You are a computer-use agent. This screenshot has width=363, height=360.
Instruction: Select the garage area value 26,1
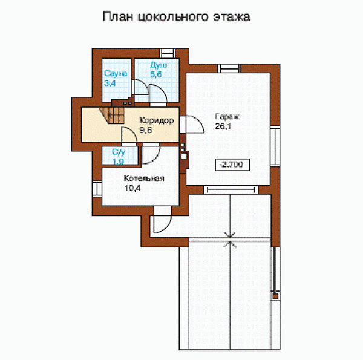tap(222, 126)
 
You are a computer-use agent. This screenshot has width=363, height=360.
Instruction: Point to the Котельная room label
tap(145, 179)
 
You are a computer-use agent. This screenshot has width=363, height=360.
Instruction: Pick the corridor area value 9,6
tap(146, 129)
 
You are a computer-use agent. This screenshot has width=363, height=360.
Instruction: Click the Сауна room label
tap(115, 74)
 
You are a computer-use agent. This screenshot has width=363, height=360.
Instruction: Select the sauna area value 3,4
tap(110, 83)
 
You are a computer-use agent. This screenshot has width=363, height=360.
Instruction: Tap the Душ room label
tap(159, 65)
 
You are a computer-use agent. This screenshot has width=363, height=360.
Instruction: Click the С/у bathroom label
tap(120, 152)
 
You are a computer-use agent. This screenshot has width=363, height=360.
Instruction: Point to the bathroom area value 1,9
tap(119, 161)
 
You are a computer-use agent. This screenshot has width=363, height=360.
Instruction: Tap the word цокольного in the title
tap(175, 17)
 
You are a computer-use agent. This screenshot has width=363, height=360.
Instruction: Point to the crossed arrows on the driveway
tap(230, 240)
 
